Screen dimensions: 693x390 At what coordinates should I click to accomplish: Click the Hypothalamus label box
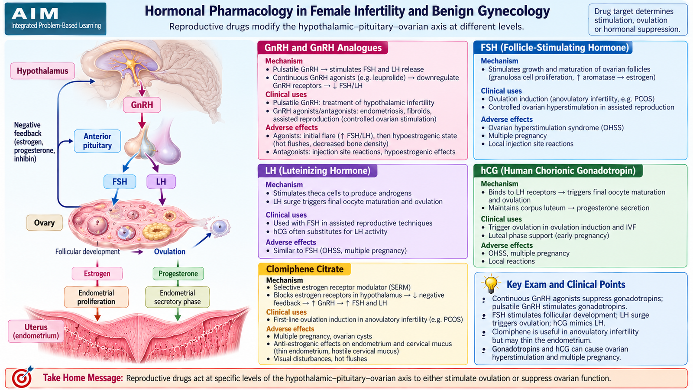click(x=43, y=71)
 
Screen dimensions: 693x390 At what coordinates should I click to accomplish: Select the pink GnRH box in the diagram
click(x=142, y=105)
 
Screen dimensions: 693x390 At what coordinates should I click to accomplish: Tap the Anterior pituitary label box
click(x=97, y=141)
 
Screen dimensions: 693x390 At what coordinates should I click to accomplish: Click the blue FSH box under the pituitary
click(x=120, y=182)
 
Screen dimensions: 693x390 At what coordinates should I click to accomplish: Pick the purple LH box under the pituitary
click(x=161, y=182)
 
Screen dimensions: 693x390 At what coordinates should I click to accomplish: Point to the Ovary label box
click(x=44, y=223)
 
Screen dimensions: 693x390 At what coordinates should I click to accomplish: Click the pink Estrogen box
click(x=97, y=273)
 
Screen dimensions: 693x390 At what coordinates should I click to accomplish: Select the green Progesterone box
click(x=178, y=273)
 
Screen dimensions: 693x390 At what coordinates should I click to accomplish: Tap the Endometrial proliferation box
click(x=96, y=297)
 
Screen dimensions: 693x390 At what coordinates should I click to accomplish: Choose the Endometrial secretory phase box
click(x=177, y=297)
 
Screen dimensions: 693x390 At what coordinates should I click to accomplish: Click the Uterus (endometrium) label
click(x=36, y=331)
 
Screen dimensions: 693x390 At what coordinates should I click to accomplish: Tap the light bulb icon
click(x=491, y=284)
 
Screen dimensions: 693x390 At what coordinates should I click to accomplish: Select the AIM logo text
click(x=35, y=13)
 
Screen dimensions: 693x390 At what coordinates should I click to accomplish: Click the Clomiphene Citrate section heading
click(x=305, y=269)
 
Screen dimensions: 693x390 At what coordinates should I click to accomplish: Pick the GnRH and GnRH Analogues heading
click(x=323, y=48)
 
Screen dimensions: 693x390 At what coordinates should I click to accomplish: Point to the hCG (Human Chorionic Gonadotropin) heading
click(x=558, y=171)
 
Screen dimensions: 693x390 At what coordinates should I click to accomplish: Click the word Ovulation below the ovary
click(x=170, y=252)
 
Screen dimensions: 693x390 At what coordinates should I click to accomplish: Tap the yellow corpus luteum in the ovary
click(x=157, y=231)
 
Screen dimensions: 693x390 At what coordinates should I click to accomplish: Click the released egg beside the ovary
click(x=220, y=227)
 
